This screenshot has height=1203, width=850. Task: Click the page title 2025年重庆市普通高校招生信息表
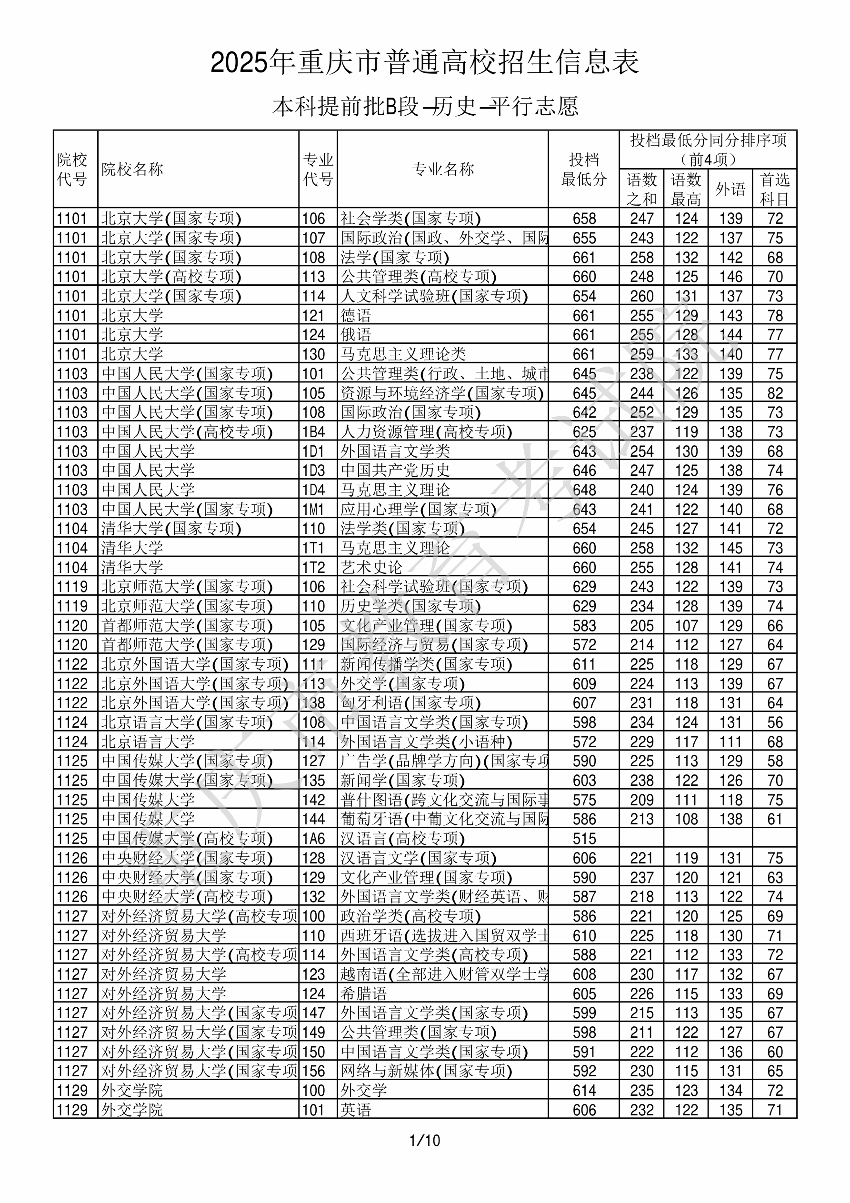point(424,63)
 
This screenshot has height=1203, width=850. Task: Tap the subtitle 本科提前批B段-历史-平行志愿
point(424,107)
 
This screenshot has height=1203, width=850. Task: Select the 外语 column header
point(730,189)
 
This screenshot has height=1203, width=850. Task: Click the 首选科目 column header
point(775,189)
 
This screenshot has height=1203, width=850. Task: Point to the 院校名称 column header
point(132,169)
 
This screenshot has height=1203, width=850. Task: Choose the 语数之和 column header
point(641,189)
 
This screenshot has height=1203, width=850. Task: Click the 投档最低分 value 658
point(584,219)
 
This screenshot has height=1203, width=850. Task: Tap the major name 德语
point(356,315)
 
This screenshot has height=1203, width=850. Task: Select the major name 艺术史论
point(371,567)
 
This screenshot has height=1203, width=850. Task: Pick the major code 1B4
point(313,432)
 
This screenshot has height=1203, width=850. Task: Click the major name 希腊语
point(364,994)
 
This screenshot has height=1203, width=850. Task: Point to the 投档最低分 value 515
point(584,839)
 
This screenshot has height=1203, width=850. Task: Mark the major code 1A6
point(313,839)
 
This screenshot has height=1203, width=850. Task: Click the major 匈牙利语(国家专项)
point(410,703)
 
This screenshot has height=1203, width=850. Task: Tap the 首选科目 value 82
point(775,393)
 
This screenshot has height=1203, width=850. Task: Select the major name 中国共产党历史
point(395,471)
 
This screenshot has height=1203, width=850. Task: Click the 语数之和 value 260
point(641,296)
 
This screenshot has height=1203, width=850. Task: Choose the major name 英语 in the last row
point(356,1110)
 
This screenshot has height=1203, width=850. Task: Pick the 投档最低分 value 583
point(584,626)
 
